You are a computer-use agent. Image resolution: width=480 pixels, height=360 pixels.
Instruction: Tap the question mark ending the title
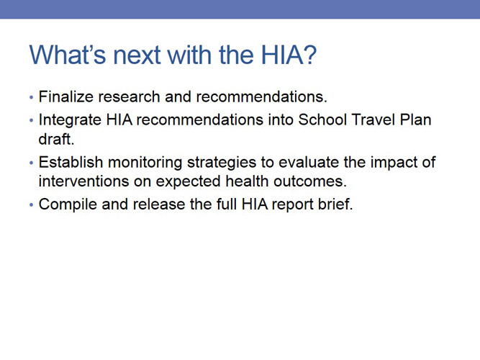[x=309, y=55]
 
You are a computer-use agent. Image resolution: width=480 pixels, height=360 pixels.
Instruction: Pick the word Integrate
[x=71, y=119]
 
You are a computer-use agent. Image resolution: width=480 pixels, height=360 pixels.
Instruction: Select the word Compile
[x=65, y=204]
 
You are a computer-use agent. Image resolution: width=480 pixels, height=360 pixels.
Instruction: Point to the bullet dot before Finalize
[x=31, y=96]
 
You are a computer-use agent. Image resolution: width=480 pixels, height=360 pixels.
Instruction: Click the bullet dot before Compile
[x=31, y=204]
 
